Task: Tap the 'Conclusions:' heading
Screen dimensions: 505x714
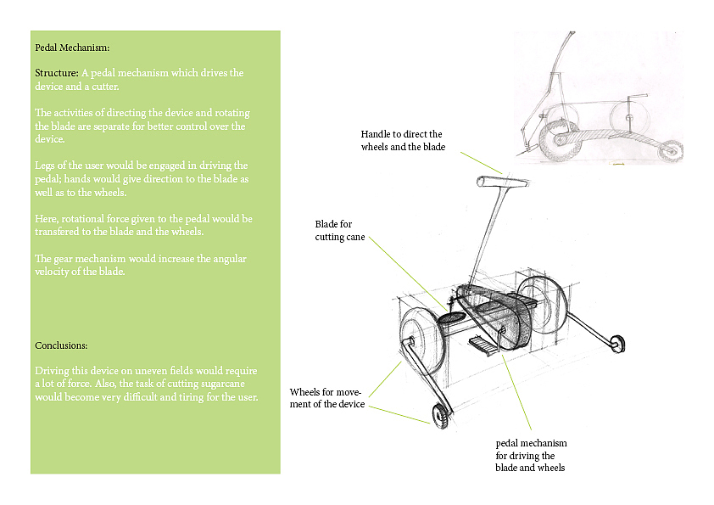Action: tap(61, 345)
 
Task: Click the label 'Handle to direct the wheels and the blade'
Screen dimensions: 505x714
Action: tap(402, 141)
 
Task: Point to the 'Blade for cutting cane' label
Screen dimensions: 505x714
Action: tap(339, 230)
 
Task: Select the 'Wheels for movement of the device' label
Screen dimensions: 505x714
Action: tap(326, 398)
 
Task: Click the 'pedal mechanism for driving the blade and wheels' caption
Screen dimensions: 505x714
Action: tap(531, 455)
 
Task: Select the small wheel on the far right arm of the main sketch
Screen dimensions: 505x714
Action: tap(618, 343)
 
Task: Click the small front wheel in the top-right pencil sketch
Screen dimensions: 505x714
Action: tap(672, 151)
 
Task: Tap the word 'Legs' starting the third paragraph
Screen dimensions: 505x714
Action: tap(46, 166)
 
